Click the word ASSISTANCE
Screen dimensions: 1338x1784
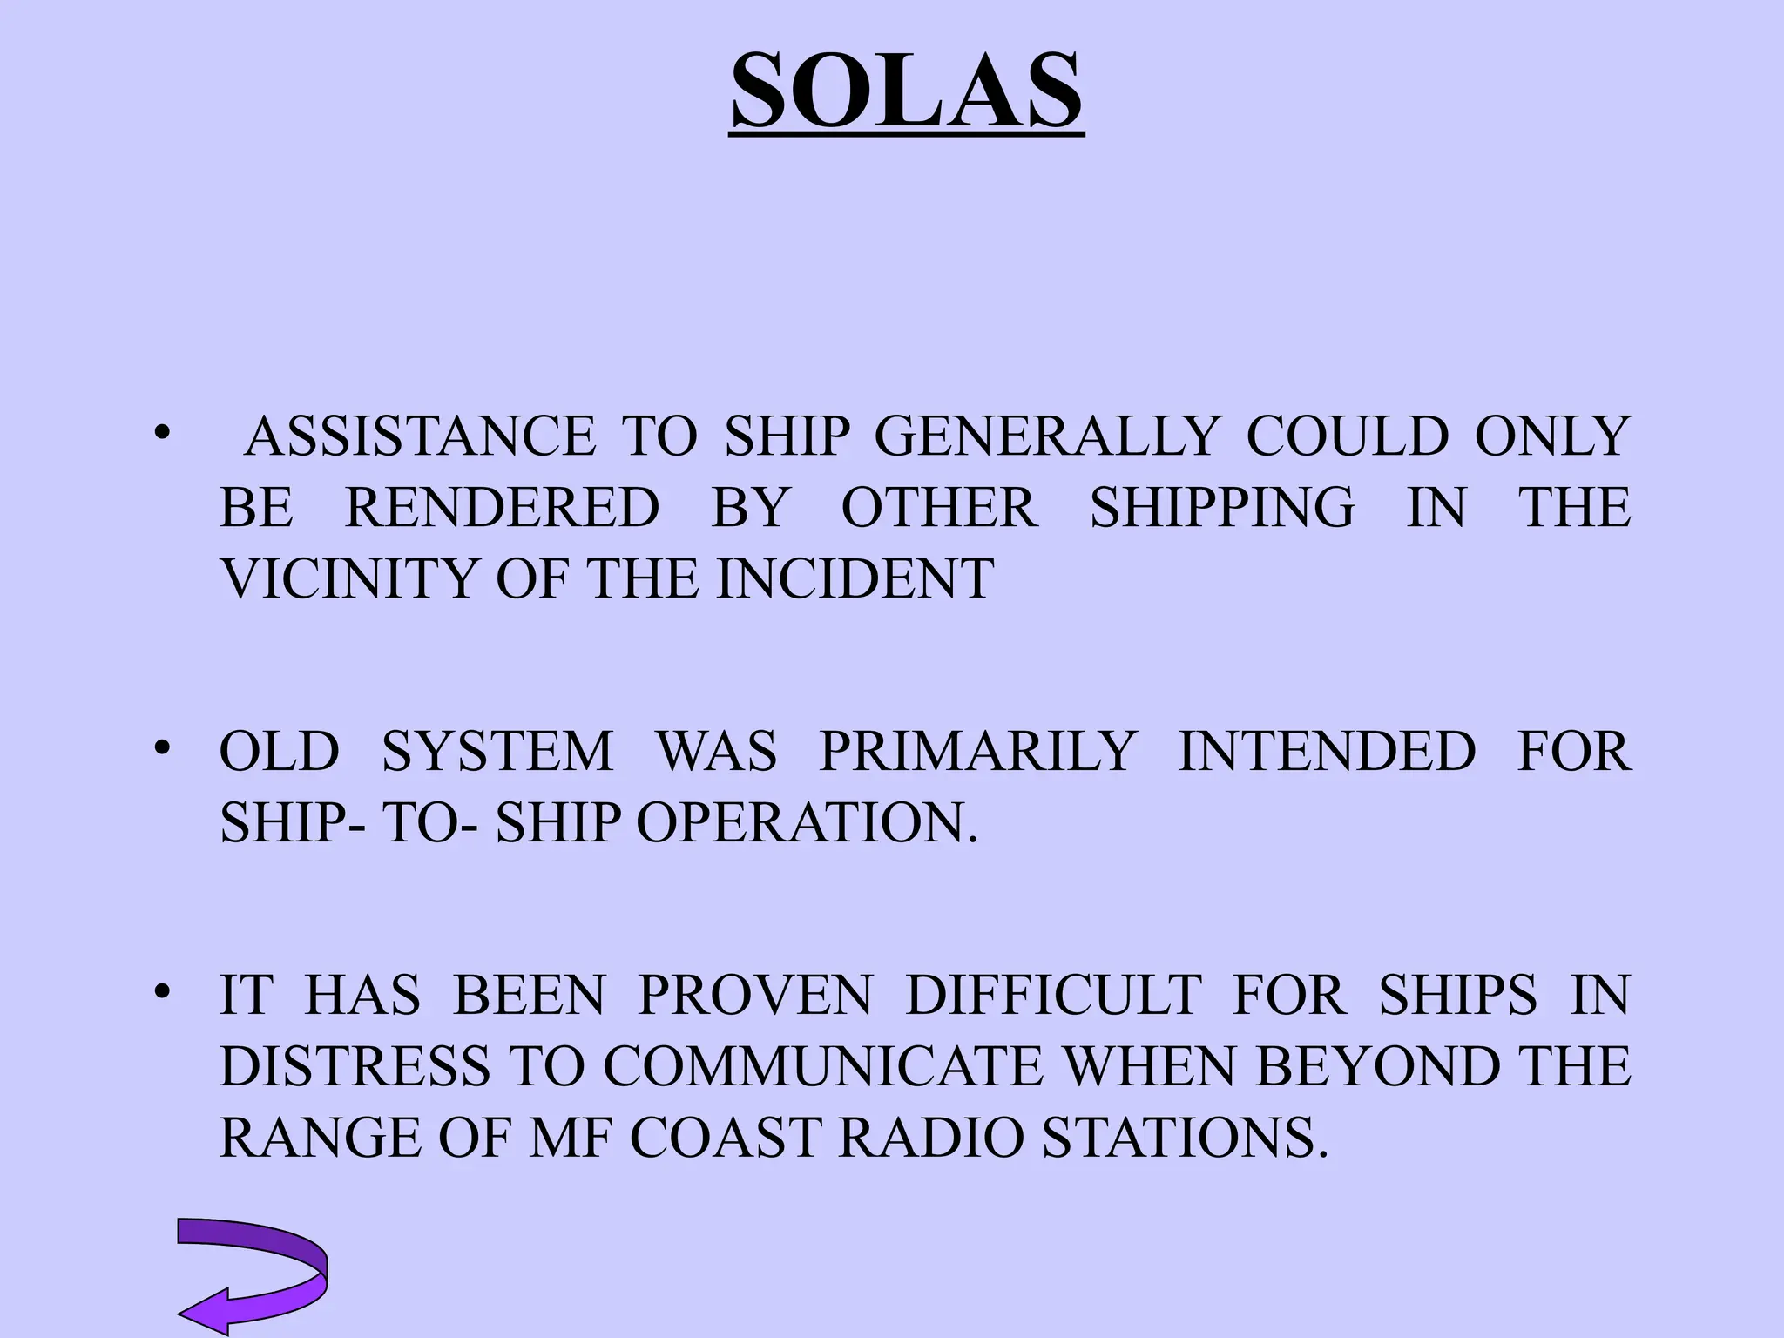coord(420,436)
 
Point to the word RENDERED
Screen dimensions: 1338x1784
coord(503,507)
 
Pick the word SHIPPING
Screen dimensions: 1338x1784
coord(1222,507)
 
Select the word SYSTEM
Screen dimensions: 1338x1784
coord(497,751)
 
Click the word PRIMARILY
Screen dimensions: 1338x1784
coord(977,751)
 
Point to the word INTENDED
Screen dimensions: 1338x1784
coord(1327,751)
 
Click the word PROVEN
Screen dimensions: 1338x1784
coord(754,995)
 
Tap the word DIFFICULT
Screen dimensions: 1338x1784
coord(1054,995)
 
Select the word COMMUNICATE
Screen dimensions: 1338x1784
coord(822,1066)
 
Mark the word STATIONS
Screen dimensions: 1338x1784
coord(1187,1138)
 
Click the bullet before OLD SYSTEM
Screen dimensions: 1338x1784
coord(161,747)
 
